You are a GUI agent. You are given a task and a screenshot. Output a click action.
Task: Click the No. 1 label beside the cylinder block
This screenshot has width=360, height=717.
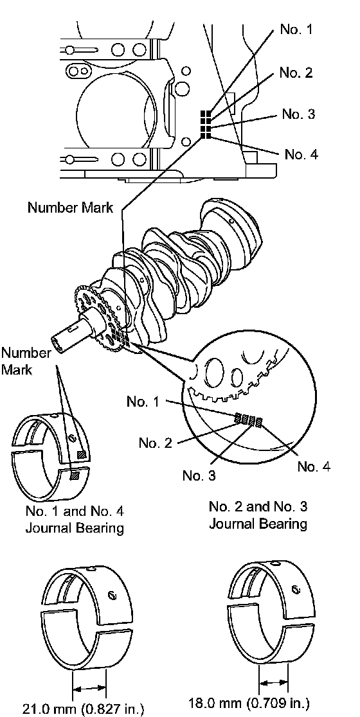[x=296, y=30]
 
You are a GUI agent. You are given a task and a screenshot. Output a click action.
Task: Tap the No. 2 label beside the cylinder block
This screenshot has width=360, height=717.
[x=296, y=73]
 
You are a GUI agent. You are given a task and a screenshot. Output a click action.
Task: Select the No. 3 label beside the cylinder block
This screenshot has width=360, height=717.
[x=298, y=114]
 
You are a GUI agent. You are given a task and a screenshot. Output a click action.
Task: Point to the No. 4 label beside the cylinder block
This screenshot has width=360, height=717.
[x=300, y=154]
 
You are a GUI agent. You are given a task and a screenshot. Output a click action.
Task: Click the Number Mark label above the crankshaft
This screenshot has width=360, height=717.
[x=70, y=208]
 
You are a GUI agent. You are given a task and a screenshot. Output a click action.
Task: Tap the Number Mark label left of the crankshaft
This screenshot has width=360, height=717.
[x=26, y=361]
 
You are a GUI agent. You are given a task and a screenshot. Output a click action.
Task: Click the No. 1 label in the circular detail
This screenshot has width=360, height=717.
[x=143, y=402]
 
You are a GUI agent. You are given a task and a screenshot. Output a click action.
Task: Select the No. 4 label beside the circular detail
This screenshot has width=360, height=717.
[x=313, y=466]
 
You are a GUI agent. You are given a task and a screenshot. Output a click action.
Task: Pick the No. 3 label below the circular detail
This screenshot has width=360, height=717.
[x=199, y=475]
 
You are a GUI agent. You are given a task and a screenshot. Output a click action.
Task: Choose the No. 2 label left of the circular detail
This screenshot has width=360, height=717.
[x=155, y=443]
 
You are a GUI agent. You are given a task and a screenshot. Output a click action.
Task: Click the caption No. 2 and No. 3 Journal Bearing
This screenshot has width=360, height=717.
[x=258, y=515]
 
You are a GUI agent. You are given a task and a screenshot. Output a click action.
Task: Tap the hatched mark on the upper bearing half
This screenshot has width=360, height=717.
[x=82, y=454]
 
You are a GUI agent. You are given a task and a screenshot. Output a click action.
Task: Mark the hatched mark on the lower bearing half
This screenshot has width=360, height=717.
[x=74, y=476]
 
